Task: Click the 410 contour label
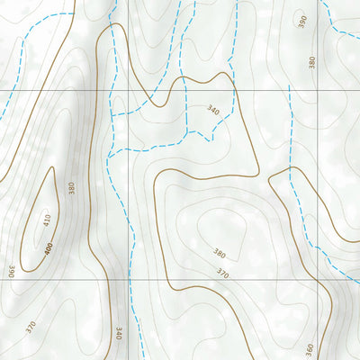(46, 220)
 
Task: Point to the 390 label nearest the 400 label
(12, 270)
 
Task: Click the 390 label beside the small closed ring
(302, 21)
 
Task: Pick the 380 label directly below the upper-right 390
(311, 62)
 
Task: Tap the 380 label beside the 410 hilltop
(71, 189)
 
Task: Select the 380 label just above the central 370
(219, 253)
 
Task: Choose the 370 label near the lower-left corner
(31, 327)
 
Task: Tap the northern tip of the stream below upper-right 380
(290, 87)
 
